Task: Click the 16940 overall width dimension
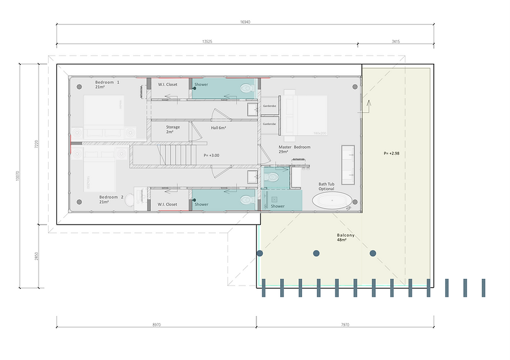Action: pos(245,23)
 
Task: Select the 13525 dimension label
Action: pos(208,41)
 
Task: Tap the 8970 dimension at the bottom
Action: pos(156,324)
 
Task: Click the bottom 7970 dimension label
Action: pos(345,324)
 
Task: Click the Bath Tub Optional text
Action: pos(326,187)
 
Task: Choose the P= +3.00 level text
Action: pos(211,155)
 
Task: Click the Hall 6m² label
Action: pos(219,128)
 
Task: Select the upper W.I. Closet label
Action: pos(168,85)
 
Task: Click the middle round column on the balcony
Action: pos(316,253)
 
